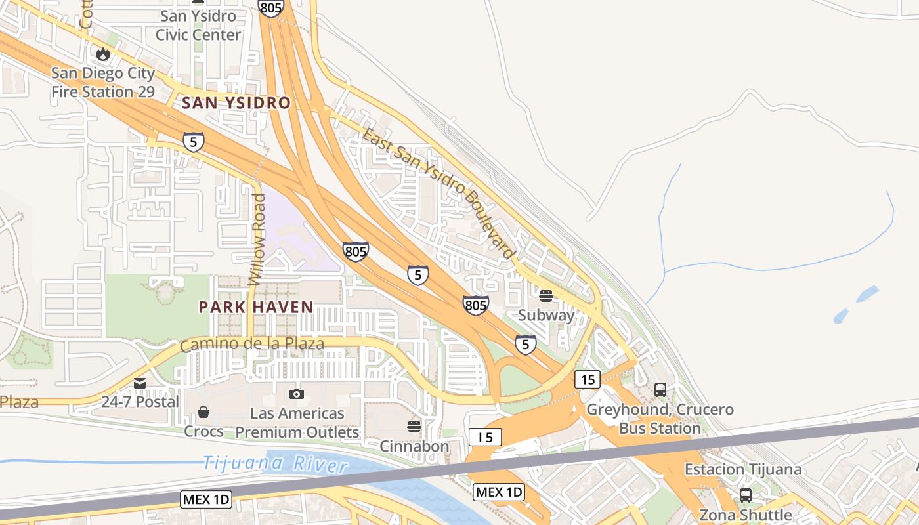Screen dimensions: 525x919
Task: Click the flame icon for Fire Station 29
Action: coord(103,54)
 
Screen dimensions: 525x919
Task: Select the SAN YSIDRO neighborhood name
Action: coord(236,103)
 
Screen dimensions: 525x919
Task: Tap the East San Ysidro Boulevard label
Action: coord(438,194)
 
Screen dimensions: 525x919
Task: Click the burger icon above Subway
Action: coord(545,296)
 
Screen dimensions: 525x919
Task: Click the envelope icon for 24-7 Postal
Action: coord(140,383)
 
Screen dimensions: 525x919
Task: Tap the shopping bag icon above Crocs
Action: coord(203,412)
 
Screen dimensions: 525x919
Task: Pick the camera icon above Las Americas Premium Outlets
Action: coord(297,394)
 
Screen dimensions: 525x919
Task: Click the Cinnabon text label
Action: coord(414,446)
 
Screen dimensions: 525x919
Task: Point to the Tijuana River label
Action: coord(274,463)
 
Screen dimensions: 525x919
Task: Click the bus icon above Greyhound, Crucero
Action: coord(660,390)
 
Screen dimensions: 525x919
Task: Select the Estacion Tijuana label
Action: coord(743,469)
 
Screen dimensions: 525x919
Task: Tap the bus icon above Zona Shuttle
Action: coord(746,495)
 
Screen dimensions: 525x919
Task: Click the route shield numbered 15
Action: coord(587,379)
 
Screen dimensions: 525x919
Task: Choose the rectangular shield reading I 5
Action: coord(485,437)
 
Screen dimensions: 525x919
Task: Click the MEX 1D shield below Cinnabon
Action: coord(499,492)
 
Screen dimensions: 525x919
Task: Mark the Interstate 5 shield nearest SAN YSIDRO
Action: coord(193,142)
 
